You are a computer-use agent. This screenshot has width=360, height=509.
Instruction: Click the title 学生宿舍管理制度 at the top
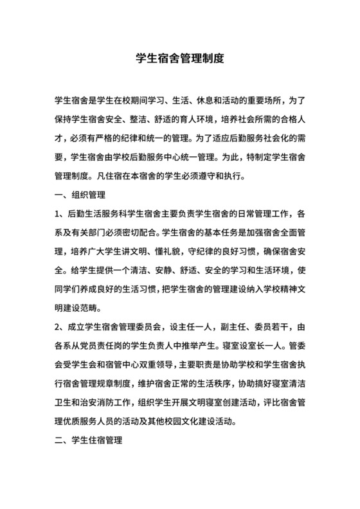(180, 57)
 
